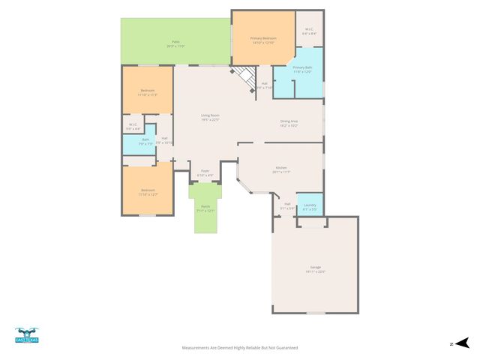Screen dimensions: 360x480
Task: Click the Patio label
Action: click(x=175, y=44)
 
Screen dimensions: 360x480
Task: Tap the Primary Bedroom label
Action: click(x=263, y=40)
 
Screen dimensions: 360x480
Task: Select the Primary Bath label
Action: click(x=302, y=69)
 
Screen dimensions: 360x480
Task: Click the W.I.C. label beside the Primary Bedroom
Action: click(x=309, y=31)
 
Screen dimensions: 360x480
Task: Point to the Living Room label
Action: click(x=209, y=117)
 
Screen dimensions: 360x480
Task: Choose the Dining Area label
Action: click(x=289, y=123)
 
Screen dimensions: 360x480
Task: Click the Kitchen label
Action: click(x=281, y=169)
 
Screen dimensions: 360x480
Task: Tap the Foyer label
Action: click(x=204, y=172)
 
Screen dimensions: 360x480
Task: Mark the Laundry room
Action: click(x=310, y=206)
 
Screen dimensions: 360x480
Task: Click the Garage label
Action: click(x=315, y=268)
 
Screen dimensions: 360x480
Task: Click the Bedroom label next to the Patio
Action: click(x=147, y=92)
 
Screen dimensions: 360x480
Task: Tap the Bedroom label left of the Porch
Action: click(x=147, y=191)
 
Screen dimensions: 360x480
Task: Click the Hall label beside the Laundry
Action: click(x=287, y=205)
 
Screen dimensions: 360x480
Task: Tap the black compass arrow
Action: click(x=462, y=343)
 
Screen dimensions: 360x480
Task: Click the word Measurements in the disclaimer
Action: click(x=197, y=348)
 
